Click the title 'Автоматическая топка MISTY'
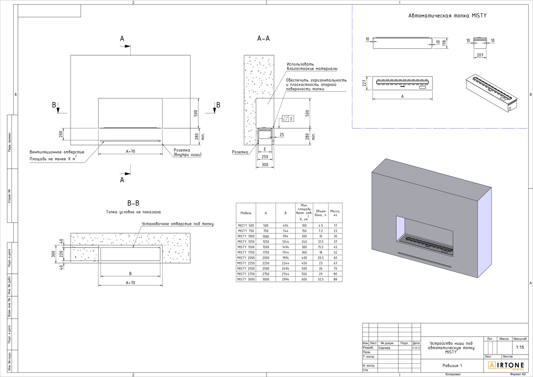pyautogui.click(x=447, y=16)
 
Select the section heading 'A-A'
pyautogui.click(x=263, y=38)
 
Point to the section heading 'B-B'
pyautogui.click(x=133, y=203)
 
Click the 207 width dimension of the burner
pyautogui.click(x=480, y=55)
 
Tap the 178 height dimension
pyautogui.click(x=444, y=43)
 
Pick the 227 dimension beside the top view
pyautogui.click(x=364, y=83)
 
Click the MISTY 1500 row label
pyautogui.click(x=246, y=247)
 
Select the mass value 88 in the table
pyautogui.click(x=335, y=279)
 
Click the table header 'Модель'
pyautogui.click(x=246, y=213)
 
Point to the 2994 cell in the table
pyautogui.click(x=286, y=279)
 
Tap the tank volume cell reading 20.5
pyautogui.click(x=321, y=258)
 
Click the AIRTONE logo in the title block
pyautogui.click(x=506, y=366)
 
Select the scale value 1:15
pyautogui.click(x=520, y=347)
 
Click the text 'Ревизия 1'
pyautogui.click(x=452, y=366)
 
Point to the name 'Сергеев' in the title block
pyautogui.click(x=385, y=348)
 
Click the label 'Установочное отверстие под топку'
pyautogui.click(x=177, y=224)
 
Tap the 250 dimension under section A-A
pyautogui.click(x=265, y=157)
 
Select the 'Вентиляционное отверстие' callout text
pyautogui.click(x=57, y=152)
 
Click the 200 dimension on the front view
pyautogui.click(x=61, y=134)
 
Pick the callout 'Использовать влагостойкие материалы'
pyautogui.click(x=312, y=66)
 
